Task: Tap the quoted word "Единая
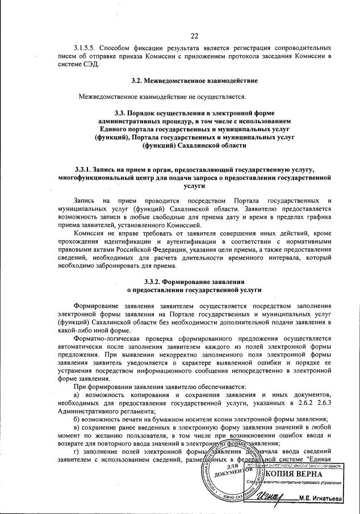[316, 458]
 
